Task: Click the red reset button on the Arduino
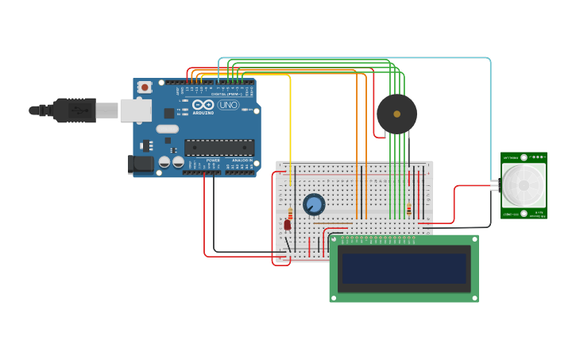145,87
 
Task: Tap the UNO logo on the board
228,105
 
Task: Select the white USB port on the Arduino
135,110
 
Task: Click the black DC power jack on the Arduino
141,164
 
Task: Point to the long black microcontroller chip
219,147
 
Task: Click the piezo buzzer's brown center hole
396,114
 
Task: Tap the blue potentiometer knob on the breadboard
314,204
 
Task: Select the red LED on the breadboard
288,225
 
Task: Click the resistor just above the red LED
290,213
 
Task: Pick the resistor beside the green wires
409,209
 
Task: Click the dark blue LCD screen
404,268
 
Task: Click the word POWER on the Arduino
213,161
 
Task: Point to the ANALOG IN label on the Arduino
242,161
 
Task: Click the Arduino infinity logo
203,105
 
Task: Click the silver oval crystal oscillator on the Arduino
168,129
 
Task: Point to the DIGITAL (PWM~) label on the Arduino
225,94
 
